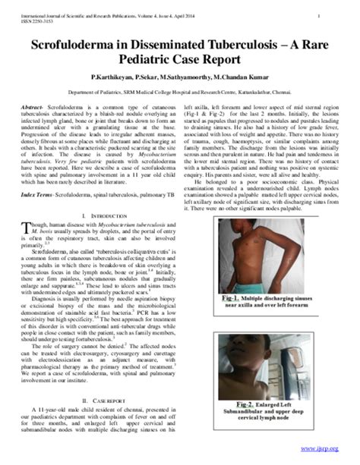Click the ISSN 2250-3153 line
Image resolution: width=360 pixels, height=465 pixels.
pos(32,20)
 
